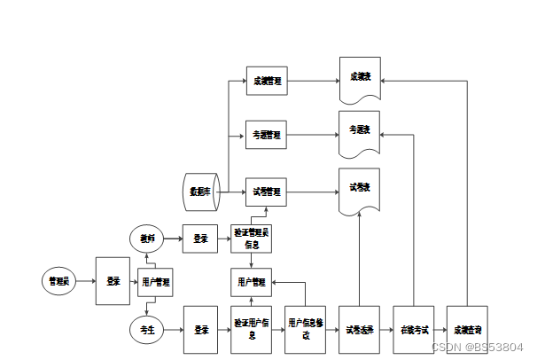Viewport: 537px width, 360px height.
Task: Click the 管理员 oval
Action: click(x=59, y=281)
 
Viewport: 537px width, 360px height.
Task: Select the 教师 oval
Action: click(x=147, y=238)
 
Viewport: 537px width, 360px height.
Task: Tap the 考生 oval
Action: click(x=147, y=331)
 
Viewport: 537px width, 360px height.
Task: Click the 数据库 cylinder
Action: click(x=200, y=191)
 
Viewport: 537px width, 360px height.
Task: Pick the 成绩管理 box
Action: click(x=267, y=82)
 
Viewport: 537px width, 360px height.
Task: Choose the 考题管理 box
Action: click(x=267, y=136)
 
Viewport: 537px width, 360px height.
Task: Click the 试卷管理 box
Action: click(x=267, y=191)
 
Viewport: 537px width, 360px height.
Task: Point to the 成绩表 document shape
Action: click(x=360, y=78)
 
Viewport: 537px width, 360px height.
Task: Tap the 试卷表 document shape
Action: click(x=360, y=189)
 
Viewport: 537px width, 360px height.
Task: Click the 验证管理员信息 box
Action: click(x=252, y=238)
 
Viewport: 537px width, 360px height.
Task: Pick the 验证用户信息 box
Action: click(x=252, y=330)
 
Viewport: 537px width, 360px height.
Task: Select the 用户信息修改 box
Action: click(x=306, y=330)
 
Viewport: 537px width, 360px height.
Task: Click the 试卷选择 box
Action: click(x=360, y=330)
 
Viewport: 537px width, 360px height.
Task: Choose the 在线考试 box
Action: click(x=414, y=330)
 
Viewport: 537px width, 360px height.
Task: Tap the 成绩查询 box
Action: click(x=467, y=330)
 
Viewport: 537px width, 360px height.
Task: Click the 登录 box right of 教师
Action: click(x=200, y=238)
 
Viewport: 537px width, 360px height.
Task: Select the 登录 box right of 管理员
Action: click(x=113, y=281)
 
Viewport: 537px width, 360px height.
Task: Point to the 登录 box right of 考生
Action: click(x=200, y=330)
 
